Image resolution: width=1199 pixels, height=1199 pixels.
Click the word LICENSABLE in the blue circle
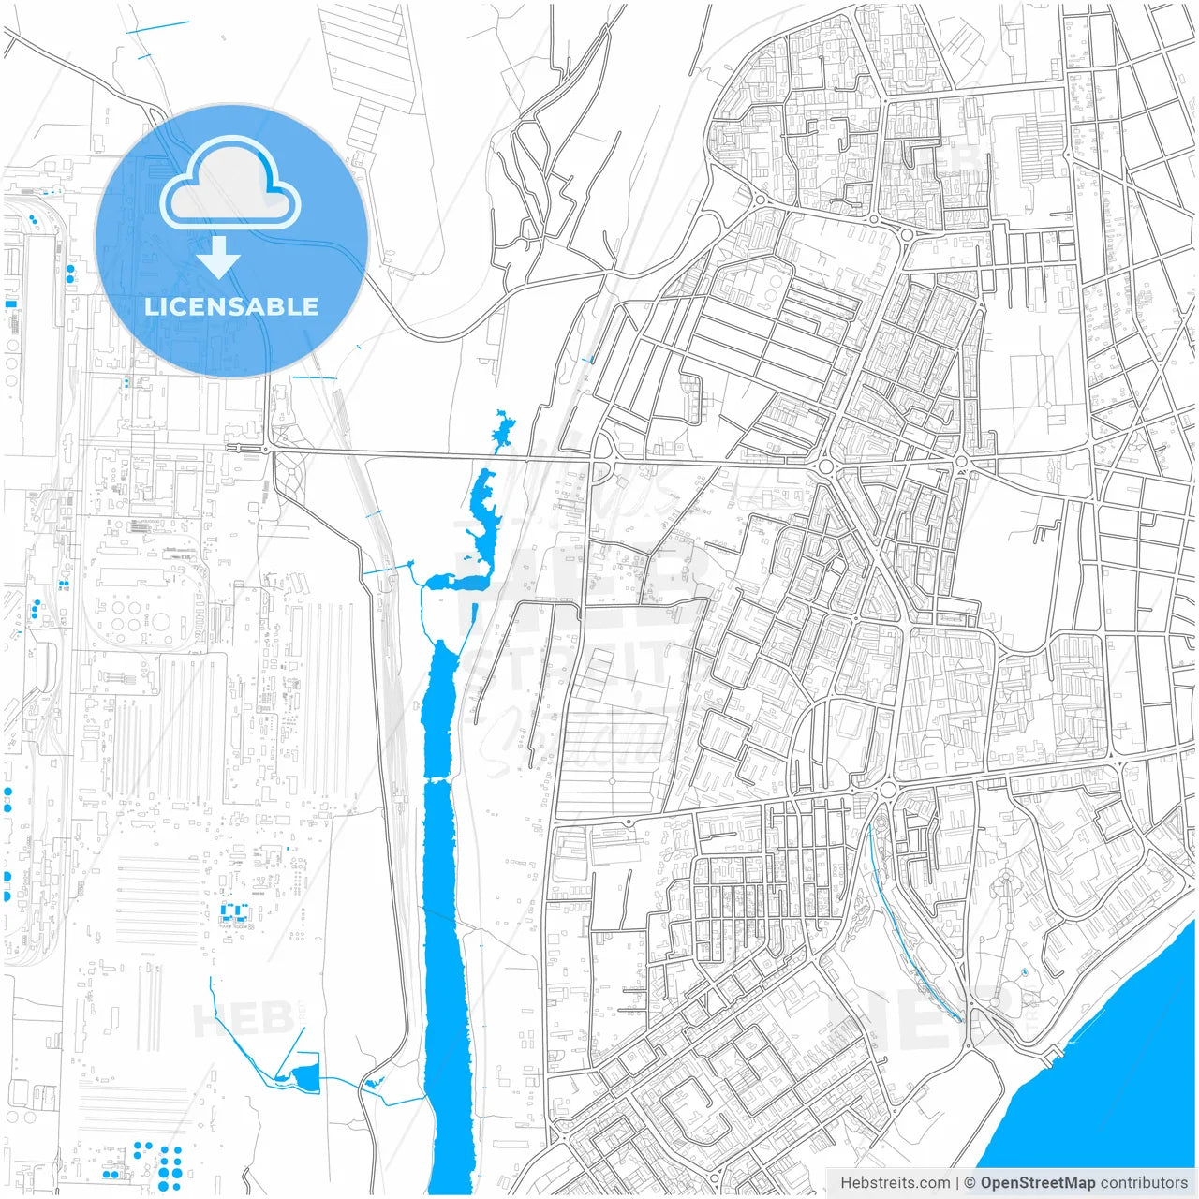click(231, 306)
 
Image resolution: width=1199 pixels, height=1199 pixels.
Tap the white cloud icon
click(230, 185)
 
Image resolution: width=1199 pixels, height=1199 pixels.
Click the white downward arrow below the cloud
click(219, 258)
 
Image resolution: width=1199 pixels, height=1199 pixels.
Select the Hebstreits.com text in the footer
click(895, 1183)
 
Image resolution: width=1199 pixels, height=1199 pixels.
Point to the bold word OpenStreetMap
click(1037, 1183)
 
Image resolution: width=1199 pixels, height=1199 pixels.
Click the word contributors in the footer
click(1144, 1183)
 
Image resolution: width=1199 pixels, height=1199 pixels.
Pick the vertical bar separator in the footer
click(956, 1183)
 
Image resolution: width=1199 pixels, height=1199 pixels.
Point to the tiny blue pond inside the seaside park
click(1025, 972)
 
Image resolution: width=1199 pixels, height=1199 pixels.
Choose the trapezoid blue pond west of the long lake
click(305, 1079)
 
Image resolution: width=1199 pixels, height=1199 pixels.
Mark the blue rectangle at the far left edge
click(10, 304)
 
